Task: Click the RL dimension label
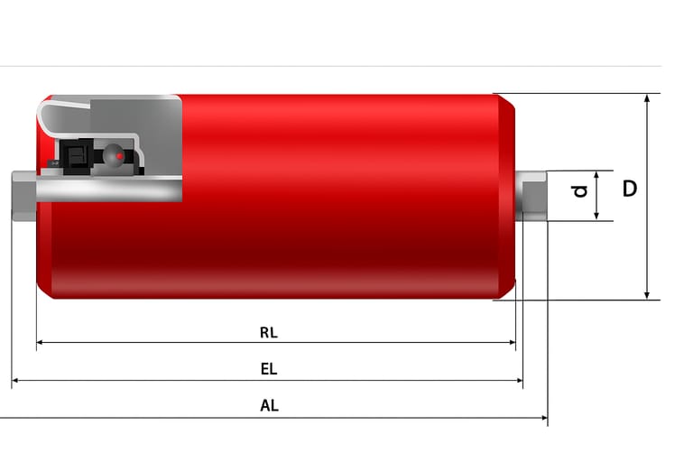(269, 332)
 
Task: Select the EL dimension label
(269, 369)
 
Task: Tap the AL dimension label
(269, 405)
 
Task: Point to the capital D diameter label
(630, 189)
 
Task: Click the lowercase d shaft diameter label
(579, 191)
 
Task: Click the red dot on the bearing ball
(119, 156)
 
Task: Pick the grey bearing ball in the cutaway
(113, 155)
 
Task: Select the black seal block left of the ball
(77, 156)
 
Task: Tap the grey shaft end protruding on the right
(531, 196)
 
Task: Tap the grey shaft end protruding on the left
(23, 196)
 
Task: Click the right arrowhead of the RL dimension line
(513, 342)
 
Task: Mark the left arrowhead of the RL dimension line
(40, 342)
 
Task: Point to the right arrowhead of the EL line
(520, 380)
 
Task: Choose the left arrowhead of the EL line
(15, 380)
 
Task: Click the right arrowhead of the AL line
(544, 418)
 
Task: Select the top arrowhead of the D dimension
(647, 98)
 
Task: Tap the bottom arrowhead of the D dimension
(647, 295)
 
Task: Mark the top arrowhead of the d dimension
(596, 175)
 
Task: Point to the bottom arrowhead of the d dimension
(596, 217)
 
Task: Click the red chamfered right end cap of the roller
(507, 197)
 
